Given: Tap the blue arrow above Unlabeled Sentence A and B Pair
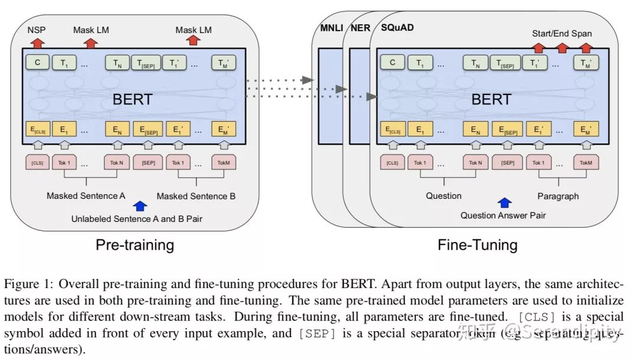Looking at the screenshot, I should point(140,206).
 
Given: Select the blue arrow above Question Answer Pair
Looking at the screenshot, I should point(504,203).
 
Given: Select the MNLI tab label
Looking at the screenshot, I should point(330,28).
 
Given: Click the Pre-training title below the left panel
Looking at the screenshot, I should point(135,245).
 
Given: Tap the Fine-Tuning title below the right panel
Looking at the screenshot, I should point(477,245).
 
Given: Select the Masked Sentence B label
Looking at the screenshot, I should point(196,196).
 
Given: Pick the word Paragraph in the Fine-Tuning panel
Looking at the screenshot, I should point(558,196).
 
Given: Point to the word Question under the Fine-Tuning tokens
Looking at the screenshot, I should point(444,196).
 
